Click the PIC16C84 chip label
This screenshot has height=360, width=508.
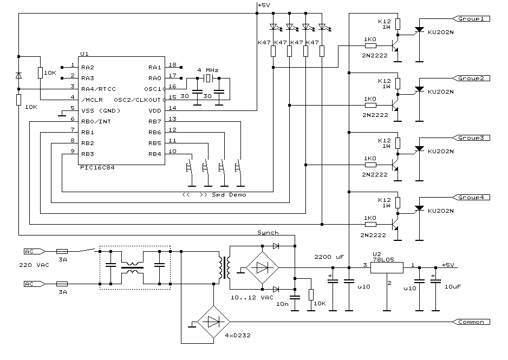coord(97,168)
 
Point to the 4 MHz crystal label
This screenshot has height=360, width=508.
coord(208,70)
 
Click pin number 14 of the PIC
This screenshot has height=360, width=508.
coord(172,108)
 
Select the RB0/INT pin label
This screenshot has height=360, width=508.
coord(96,121)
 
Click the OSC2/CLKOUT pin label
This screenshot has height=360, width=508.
coord(138,100)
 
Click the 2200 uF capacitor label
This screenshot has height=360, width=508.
coord(329,257)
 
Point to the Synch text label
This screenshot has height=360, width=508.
coord(268,233)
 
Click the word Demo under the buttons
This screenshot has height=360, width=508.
coord(237,194)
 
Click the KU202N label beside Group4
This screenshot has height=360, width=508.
coord(440,211)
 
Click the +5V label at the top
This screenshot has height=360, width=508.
coord(264,5)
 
